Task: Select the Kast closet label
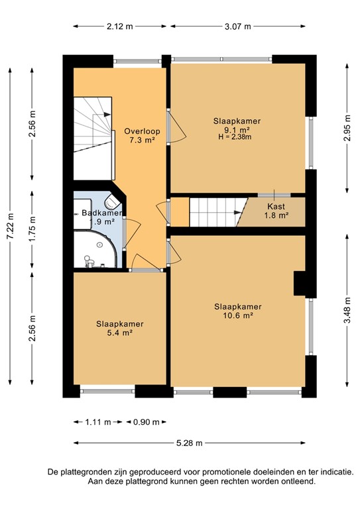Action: pyautogui.click(x=276, y=206)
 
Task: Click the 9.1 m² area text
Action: pyautogui.click(x=237, y=130)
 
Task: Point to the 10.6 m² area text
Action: pyautogui.click(x=237, y=315)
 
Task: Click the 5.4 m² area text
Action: pyautogui.click(x=119, y=333)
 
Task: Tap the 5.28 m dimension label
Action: pyautogui.click(x=188, y=443)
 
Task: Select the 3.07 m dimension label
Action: pyautogui.click(x=237, y=27)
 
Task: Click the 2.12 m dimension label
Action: pyautogui.click(x=119, y=27)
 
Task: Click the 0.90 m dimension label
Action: pyautogui.click(x=147, y=421)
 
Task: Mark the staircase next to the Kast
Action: pyautogui.click(x=214, y=212)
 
